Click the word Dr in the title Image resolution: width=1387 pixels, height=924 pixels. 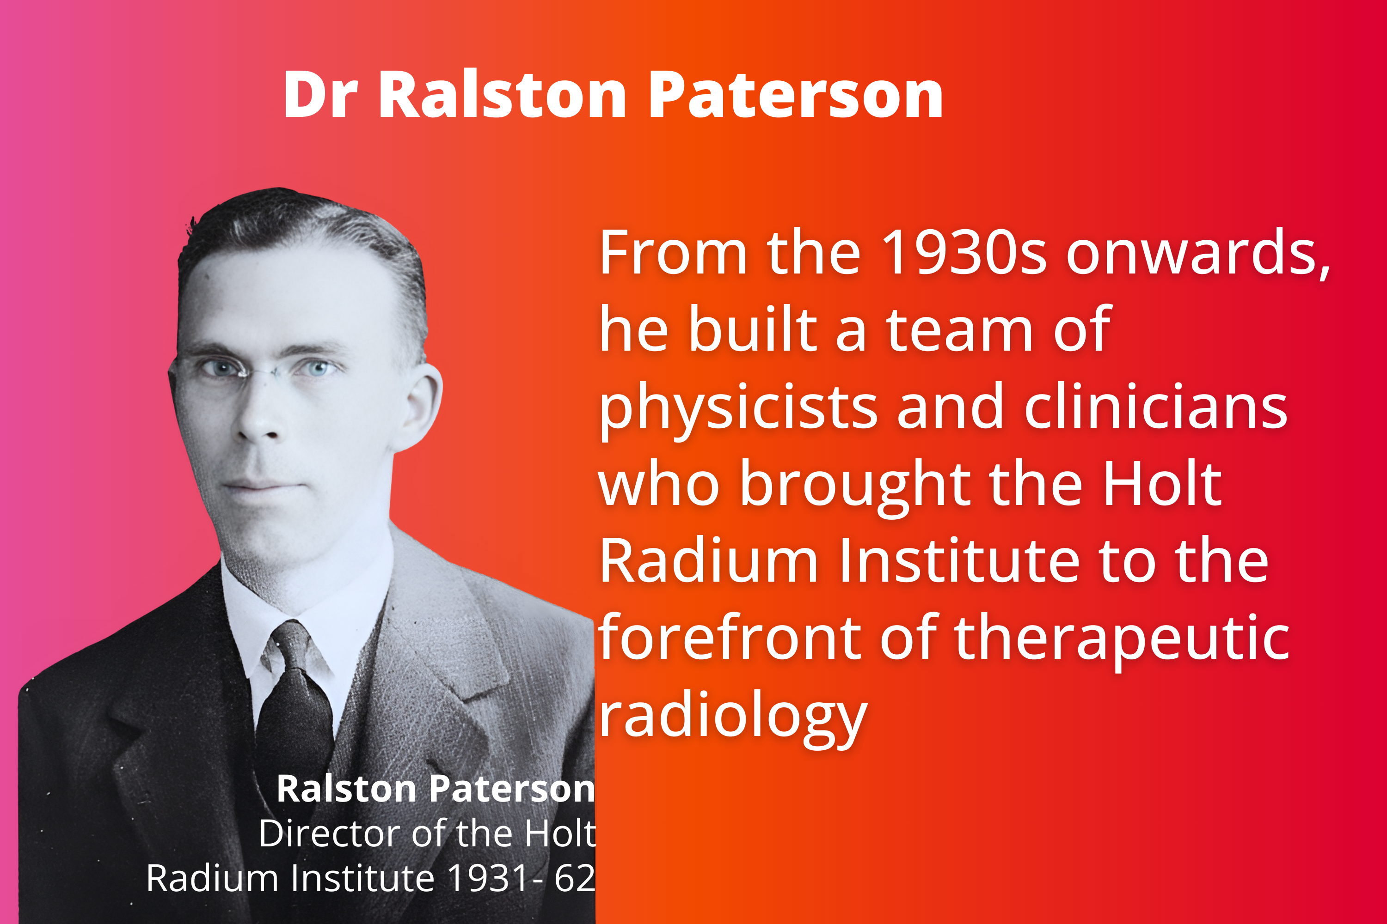pos(321,94)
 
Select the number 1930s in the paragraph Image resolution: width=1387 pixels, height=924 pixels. pos(964,252)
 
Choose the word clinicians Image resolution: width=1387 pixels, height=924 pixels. pos(1156,406)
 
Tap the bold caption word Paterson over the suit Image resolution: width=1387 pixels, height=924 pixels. pos(512,789)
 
